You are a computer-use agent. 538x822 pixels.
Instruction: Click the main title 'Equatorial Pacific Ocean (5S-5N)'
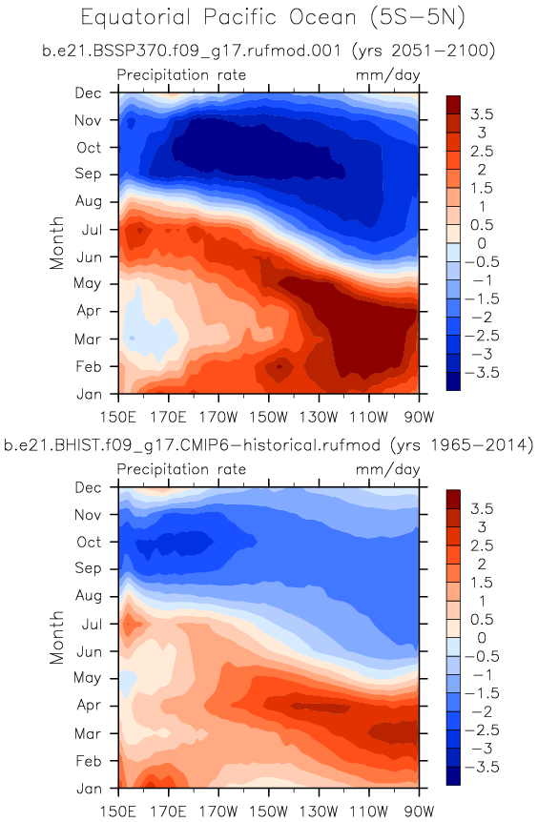[x=273, y=18]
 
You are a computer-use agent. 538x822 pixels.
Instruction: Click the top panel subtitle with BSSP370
[x=268, y=51]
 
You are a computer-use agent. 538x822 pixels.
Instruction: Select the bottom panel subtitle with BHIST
[x=268, y=445]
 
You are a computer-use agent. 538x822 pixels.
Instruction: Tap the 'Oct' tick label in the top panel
[x=89, y=147]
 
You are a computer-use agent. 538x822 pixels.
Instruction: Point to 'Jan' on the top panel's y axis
[x=89, y=394]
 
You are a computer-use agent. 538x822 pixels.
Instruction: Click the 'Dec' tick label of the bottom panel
[x=88, y=487]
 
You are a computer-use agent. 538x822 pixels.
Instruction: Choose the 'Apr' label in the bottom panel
[x=89, y=706]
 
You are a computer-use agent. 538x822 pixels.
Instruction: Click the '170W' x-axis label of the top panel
[x=218, y=418]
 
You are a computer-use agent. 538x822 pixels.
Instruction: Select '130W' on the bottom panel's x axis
[x=319, y=812]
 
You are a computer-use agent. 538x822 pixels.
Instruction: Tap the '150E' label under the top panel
[x=118, y=418]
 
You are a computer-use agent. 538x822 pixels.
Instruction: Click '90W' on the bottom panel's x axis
[x=420, y=812]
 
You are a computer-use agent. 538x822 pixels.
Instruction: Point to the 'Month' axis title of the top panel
[x=56, y=243]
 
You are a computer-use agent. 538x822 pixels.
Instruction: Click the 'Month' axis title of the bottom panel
[x=56, y=637]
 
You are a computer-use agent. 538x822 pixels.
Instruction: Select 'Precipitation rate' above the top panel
[x=181, y=75]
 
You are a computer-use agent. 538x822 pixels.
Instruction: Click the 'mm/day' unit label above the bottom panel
[x=388, y=469]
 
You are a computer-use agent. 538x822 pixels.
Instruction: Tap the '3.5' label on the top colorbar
[x=483, y=114]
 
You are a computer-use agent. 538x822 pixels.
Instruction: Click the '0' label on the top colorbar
[x=482, y=243]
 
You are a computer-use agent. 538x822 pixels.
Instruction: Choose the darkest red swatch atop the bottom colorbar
[x=453, y=499]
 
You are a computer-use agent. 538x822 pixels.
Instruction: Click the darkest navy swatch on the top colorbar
[x=453, y=381]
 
